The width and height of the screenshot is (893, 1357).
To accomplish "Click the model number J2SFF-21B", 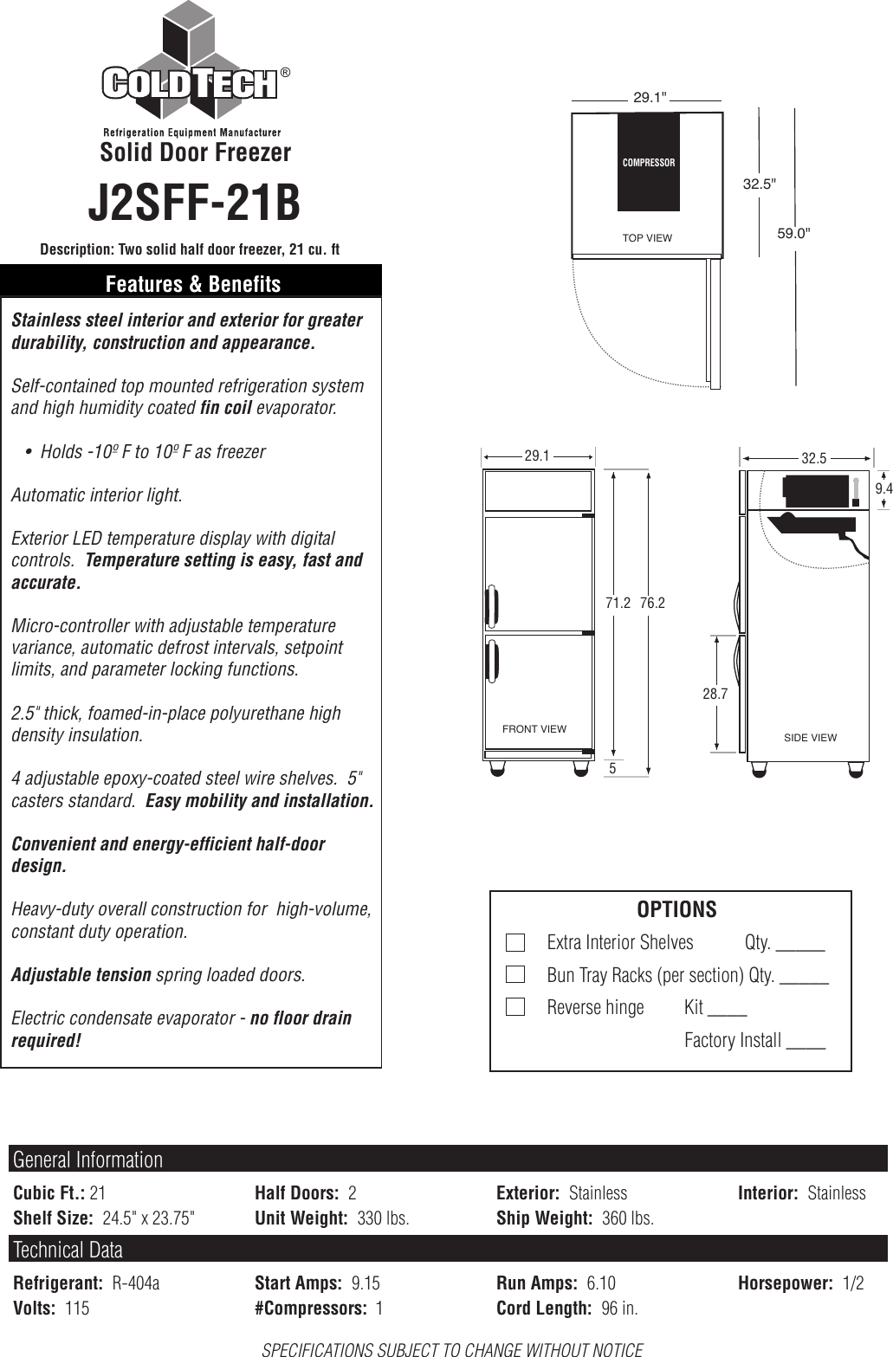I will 194,203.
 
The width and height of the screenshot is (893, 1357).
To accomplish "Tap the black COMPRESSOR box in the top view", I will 648,162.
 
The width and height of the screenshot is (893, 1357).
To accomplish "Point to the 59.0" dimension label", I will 793,232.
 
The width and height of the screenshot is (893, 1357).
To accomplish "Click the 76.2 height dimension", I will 652,603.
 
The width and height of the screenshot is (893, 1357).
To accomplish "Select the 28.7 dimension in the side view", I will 715,694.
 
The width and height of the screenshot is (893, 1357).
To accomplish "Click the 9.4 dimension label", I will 883,489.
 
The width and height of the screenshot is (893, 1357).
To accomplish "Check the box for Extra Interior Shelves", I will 514,942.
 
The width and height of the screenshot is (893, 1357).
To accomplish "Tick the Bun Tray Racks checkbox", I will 514,975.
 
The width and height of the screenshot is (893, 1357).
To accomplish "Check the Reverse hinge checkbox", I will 514,1007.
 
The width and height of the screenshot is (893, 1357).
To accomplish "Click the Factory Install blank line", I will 806,1046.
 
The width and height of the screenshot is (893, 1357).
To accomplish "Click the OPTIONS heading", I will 676,909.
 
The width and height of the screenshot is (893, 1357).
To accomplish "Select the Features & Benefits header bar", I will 192,284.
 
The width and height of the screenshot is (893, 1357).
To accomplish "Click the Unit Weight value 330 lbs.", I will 383,1218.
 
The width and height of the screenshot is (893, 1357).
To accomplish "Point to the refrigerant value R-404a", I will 136,1283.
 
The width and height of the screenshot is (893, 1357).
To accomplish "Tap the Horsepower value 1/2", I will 853,1283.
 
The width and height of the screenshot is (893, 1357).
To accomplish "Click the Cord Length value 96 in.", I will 619,1309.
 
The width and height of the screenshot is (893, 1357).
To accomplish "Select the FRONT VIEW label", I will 534,729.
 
